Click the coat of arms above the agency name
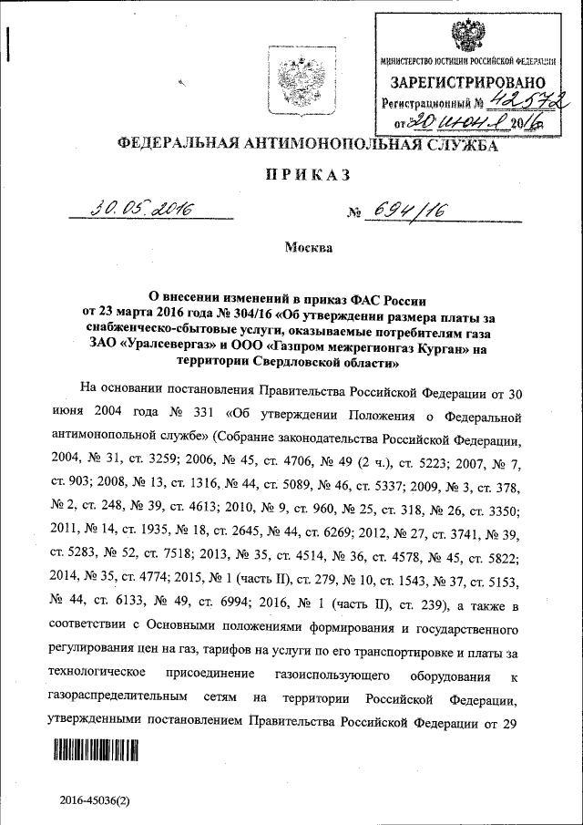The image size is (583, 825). tap(295, 77)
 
